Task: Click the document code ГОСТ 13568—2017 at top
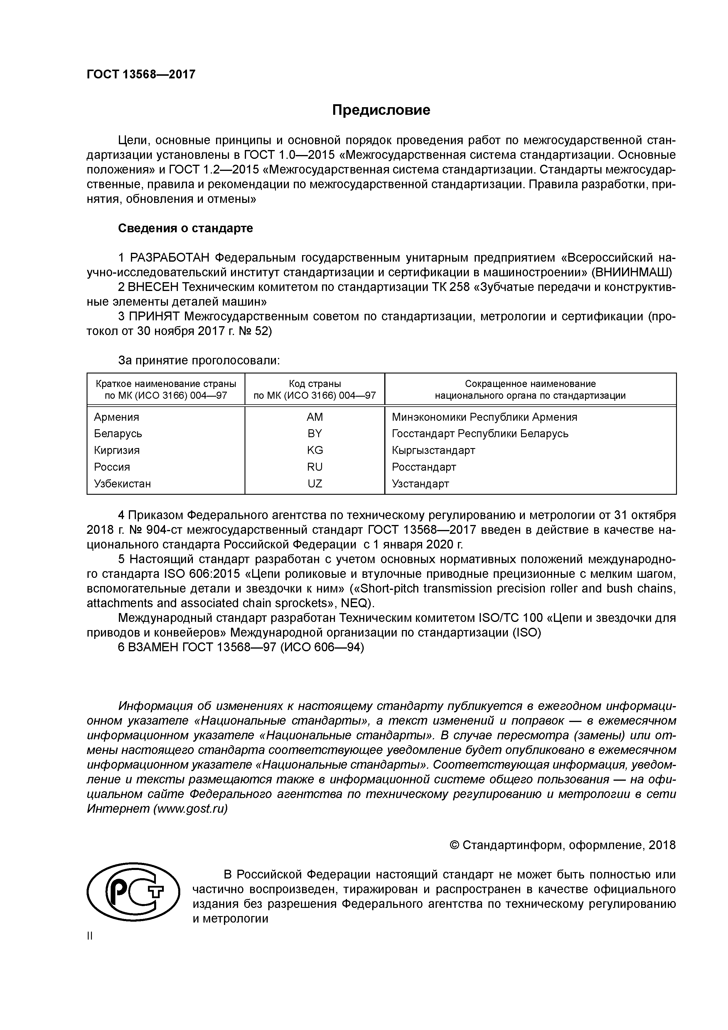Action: click(x=141, y=75)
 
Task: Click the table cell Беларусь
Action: click(x=118, y=434)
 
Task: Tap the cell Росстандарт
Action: click(x=424, y=467)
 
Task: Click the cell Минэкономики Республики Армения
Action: click(x=484, y=417)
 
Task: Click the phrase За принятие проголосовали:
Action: click(x=199, y=361)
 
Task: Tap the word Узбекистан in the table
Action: click(x=122, y=484)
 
